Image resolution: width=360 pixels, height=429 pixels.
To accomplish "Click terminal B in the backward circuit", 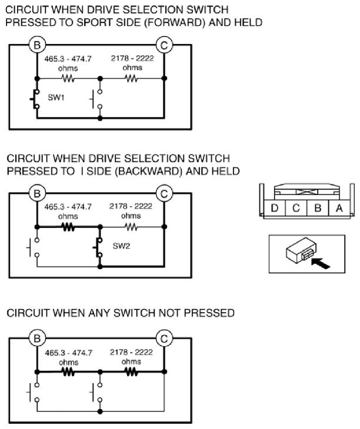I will (37, 193).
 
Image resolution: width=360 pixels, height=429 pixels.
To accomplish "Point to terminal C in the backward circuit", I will (164, 193).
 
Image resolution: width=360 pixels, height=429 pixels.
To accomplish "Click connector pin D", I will (274, 207).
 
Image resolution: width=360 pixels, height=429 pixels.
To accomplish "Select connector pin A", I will (338, 207).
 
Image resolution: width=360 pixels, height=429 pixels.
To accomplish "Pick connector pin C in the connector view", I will (296, 207).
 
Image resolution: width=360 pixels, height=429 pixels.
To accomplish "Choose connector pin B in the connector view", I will (317, 207).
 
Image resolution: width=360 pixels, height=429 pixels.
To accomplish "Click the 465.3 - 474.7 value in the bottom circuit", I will (68, 353).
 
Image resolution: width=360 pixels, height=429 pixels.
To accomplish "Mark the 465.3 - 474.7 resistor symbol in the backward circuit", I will (68, 224).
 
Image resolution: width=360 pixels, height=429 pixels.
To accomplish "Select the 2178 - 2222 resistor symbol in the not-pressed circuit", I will (132, 371).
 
